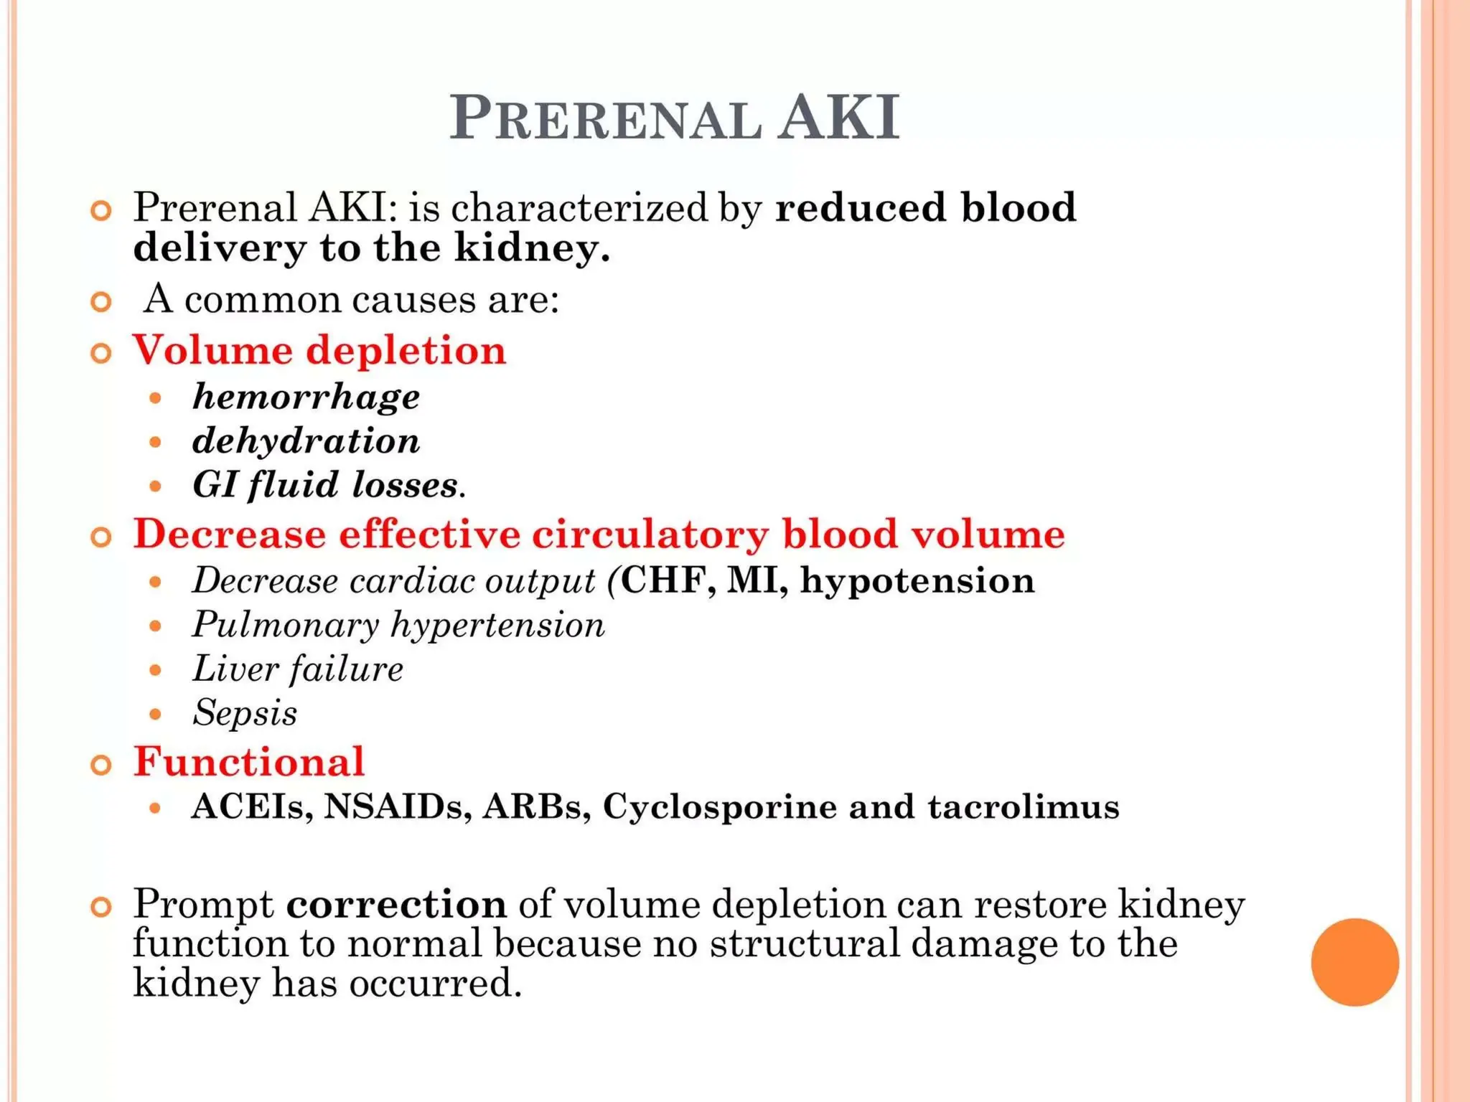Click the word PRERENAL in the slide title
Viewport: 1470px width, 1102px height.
point(605,118)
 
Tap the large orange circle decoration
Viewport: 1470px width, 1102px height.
point(1354,962)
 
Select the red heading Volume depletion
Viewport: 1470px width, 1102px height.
point(319,351)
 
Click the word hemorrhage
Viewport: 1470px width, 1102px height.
point(306,397)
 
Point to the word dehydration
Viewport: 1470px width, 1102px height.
point(306,441)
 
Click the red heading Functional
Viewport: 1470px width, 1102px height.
point(249,761)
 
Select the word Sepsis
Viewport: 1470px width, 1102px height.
point(245,713)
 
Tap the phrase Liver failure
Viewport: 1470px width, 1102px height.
point(298,669)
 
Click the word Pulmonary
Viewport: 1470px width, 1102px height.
point(286,625)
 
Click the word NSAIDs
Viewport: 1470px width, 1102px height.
point(398,806)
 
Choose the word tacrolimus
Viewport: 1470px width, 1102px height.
point(1023,806)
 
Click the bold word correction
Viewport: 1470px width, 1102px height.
point(396,904)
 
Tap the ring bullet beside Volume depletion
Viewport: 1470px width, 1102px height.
point(102,354)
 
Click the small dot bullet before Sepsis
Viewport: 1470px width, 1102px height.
point(155,715)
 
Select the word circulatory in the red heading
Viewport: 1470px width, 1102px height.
point(650,534)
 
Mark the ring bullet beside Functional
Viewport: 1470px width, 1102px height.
point(102,766)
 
